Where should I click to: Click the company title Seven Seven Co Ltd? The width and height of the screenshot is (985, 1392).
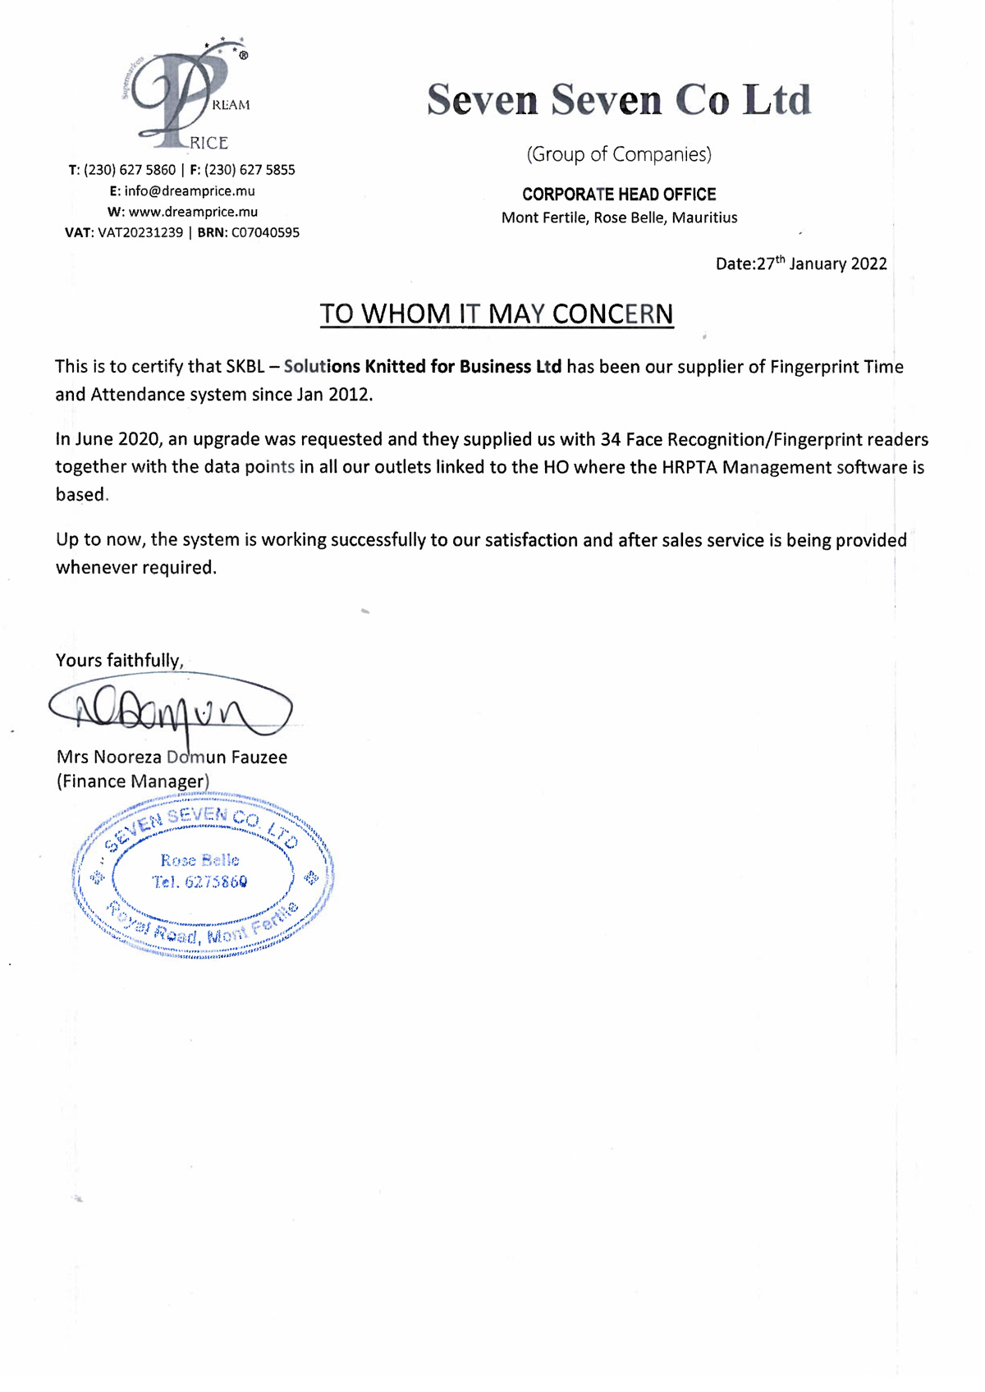pos(619,100)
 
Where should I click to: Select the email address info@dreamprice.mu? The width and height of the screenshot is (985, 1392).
pos(190,191)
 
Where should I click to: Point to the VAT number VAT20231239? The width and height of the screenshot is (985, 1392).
pos(140,233)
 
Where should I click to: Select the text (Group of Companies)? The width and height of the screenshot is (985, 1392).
pos(619,154)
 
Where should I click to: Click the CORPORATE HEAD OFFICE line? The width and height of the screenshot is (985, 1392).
pos(619,195)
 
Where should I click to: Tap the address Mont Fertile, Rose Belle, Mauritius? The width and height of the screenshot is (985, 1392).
pos(619,218)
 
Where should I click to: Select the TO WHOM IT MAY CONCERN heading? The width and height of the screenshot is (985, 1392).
pos(497,314)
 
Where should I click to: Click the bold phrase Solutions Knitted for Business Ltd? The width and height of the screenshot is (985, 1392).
pos(423,367)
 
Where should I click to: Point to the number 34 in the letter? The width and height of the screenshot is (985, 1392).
pos(610,439)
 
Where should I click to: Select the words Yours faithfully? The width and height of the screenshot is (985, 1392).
pos(119,661)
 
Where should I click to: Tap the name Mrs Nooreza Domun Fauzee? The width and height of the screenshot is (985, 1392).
pos(172,758)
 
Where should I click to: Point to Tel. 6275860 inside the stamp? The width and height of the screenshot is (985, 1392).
pos(199,882)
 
